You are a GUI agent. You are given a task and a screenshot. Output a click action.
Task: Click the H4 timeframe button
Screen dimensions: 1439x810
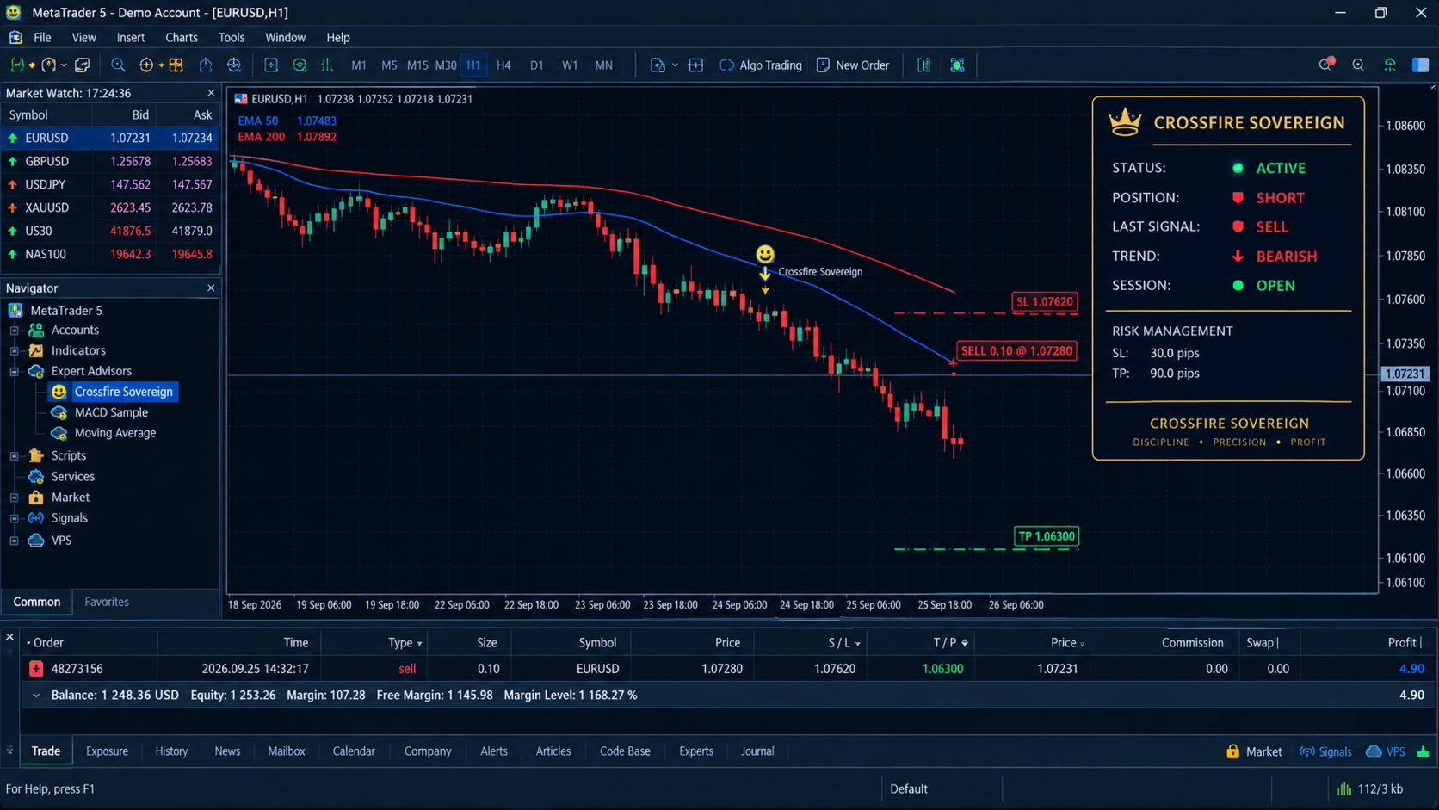tap(503, 65)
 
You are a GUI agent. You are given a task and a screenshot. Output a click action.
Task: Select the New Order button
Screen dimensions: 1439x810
tap(853, 65)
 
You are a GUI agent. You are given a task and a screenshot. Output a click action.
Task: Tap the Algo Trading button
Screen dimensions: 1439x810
tap(761, 65)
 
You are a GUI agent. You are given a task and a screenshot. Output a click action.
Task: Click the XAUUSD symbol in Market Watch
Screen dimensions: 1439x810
tap(46, 207)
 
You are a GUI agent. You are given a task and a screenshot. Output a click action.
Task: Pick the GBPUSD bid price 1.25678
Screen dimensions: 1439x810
tap(131, 161)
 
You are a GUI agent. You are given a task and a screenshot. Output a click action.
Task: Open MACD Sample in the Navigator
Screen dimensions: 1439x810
tap(111, 412)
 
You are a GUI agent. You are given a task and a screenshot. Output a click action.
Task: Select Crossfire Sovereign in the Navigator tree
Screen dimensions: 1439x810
tap(123, 392)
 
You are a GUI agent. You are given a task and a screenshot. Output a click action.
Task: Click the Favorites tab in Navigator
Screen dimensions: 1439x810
tap(107, 602)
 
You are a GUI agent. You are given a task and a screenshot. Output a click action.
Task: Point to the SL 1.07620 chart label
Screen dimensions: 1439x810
tap(1045, 301)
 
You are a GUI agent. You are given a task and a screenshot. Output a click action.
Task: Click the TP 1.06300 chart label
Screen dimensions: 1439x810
tap(1046, 535)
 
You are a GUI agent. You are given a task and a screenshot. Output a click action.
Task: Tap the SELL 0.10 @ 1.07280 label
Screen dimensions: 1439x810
tap(1016, 350)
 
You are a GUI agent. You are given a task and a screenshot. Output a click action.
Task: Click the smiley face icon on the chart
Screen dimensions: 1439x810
tap(764, 255)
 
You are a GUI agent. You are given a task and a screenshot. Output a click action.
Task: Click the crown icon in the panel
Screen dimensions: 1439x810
tap(1125, 122)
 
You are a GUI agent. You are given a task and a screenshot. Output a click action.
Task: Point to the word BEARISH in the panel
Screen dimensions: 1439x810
tap(1286, 257)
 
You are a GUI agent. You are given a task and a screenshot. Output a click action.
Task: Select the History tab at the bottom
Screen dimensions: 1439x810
tap(171, 751)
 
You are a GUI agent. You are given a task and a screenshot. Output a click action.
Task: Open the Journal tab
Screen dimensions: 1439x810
tap(757, 751)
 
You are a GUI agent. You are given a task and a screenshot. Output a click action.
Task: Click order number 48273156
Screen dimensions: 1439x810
tap(77, 669)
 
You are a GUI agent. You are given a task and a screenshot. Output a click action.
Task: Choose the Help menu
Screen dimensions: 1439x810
tap(338, 37)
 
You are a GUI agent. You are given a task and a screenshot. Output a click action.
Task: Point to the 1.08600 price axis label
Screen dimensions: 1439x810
tap(1405, 126)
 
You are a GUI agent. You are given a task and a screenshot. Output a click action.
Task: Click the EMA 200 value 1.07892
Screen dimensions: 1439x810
tap(316, 137)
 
